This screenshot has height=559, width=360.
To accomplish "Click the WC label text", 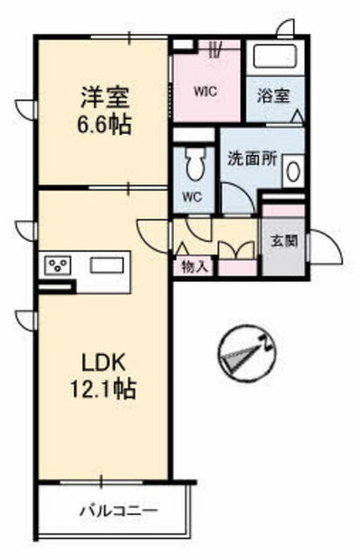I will click(191, 197).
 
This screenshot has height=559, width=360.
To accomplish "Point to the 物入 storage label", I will click(194, 266).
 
